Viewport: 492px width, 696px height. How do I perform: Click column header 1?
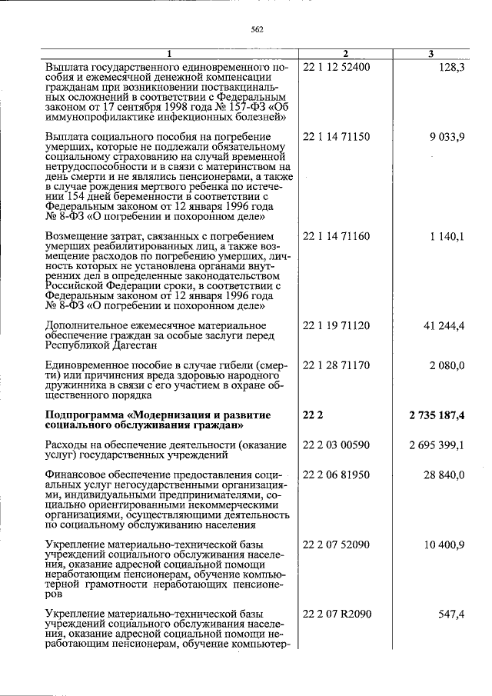coord(169,54)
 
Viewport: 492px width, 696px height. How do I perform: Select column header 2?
coord(345,54)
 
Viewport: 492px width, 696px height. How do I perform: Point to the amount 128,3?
coord(450,67)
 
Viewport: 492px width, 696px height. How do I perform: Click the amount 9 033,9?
coord(447,136)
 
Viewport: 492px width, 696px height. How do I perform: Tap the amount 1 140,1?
coord(447,236)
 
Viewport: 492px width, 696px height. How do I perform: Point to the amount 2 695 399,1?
coord(437,445)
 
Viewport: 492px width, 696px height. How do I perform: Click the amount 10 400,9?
coord(444,544)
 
